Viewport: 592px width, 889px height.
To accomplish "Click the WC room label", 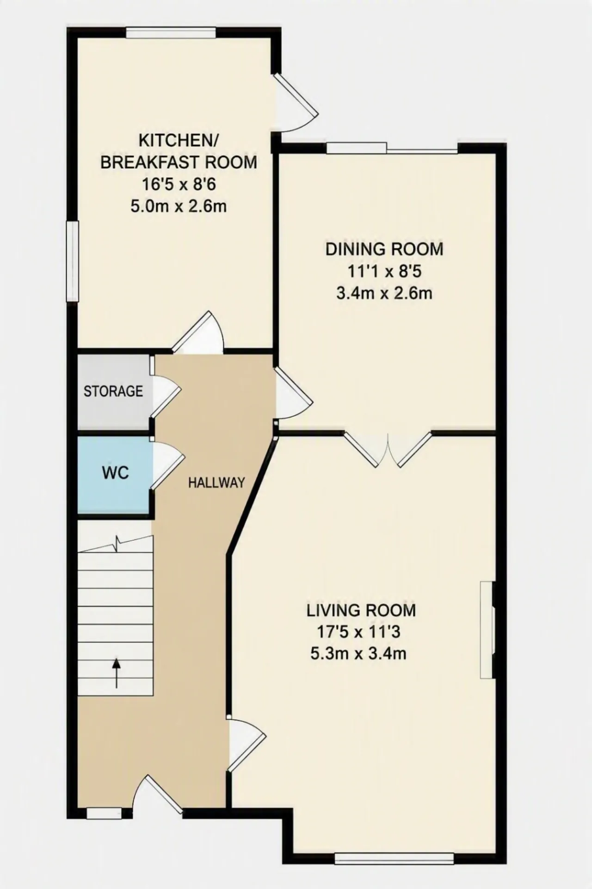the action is click(115, 473).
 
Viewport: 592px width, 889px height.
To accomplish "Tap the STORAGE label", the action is click(113, 391).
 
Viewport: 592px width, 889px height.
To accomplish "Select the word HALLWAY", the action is click(216, 483).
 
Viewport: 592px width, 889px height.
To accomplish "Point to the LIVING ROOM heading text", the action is click(361, 610).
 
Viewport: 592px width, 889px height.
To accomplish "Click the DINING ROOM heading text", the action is click(384, 249).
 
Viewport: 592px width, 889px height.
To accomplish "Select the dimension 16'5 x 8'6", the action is click(179, 184).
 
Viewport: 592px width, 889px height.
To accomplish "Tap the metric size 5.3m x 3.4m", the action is click(359, 654).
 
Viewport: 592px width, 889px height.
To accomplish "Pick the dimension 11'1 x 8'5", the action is click(384, 271).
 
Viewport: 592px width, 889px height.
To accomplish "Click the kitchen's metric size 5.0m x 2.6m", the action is click(179, 206).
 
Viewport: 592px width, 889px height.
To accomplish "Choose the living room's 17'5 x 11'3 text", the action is click(359, 632).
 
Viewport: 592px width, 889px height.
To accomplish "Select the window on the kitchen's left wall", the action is click(72, 262).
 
